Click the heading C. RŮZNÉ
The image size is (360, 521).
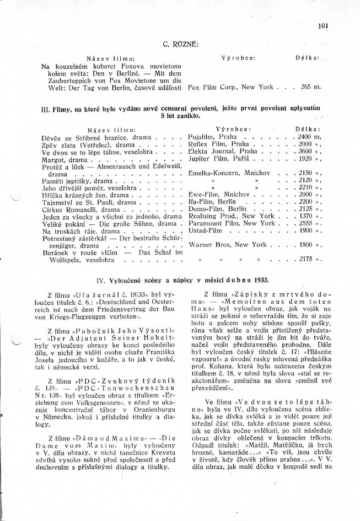[181, 43]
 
